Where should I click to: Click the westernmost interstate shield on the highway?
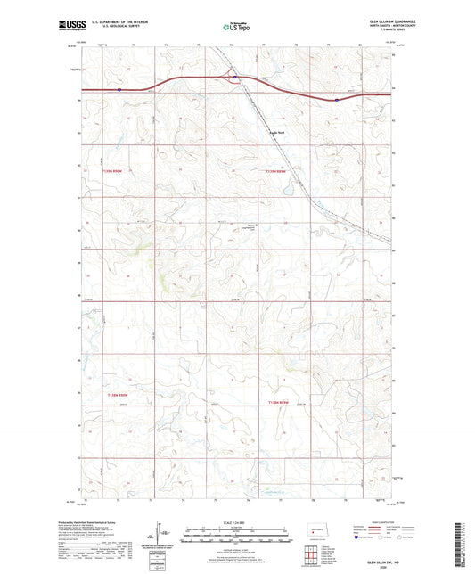(119, 89)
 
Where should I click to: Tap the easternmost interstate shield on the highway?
(337, 100)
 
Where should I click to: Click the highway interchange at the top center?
(233, 78)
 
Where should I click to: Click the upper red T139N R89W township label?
(280, 170)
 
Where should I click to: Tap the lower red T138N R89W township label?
(280, 403)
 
